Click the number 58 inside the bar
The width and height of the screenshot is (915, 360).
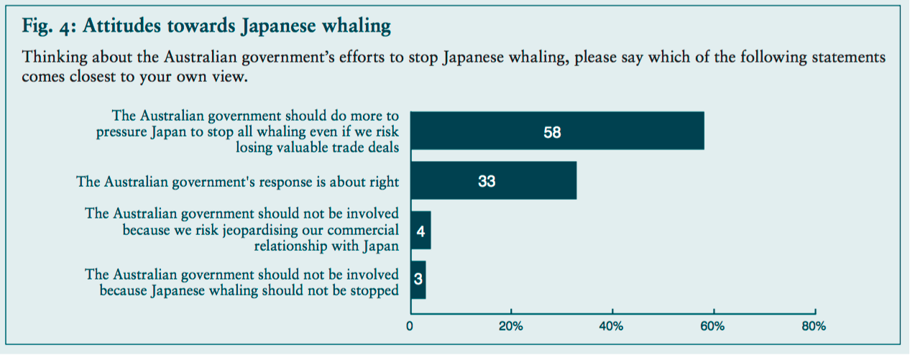[552, 132]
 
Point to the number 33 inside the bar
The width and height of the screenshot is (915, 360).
[487, 182]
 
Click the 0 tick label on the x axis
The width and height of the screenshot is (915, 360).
[410, 326]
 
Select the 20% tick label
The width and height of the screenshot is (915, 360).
[511, 326]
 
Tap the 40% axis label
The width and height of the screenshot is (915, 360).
[612, 326]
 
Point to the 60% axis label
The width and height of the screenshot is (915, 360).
[712, 326]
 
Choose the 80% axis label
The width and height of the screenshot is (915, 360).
[813, 326]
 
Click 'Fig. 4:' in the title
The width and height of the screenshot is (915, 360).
[50, 27]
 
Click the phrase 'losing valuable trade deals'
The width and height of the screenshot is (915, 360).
[318, 148]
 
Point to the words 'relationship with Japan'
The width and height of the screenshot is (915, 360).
[326, 246]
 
